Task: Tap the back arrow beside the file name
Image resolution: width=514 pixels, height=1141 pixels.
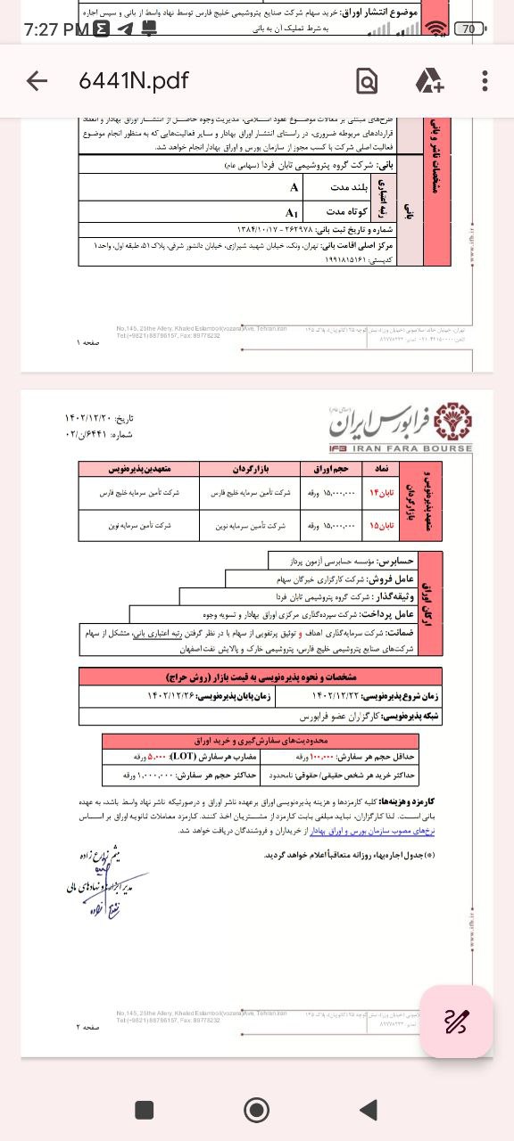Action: click(37, 81)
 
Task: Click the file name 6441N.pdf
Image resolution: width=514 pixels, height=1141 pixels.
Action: click(134, 81)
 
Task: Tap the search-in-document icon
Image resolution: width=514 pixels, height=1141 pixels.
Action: click(366, 81)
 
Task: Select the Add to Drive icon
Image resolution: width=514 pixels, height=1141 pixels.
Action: click(429, 81)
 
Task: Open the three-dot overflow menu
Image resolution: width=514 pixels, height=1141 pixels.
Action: click(485, 81)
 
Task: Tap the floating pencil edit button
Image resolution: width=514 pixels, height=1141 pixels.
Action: click(456, 1021)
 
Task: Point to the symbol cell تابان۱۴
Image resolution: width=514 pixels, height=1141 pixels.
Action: click(380, 492)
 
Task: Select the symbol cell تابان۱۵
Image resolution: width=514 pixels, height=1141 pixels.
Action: click(380, 526)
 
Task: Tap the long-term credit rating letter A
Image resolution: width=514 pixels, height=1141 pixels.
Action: click(294, 187)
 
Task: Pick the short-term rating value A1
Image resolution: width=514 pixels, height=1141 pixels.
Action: click(291, 212)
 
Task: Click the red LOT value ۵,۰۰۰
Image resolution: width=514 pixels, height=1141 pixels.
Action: click(185, 756)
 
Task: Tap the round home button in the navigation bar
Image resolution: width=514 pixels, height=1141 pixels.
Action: click(257, 1109)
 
